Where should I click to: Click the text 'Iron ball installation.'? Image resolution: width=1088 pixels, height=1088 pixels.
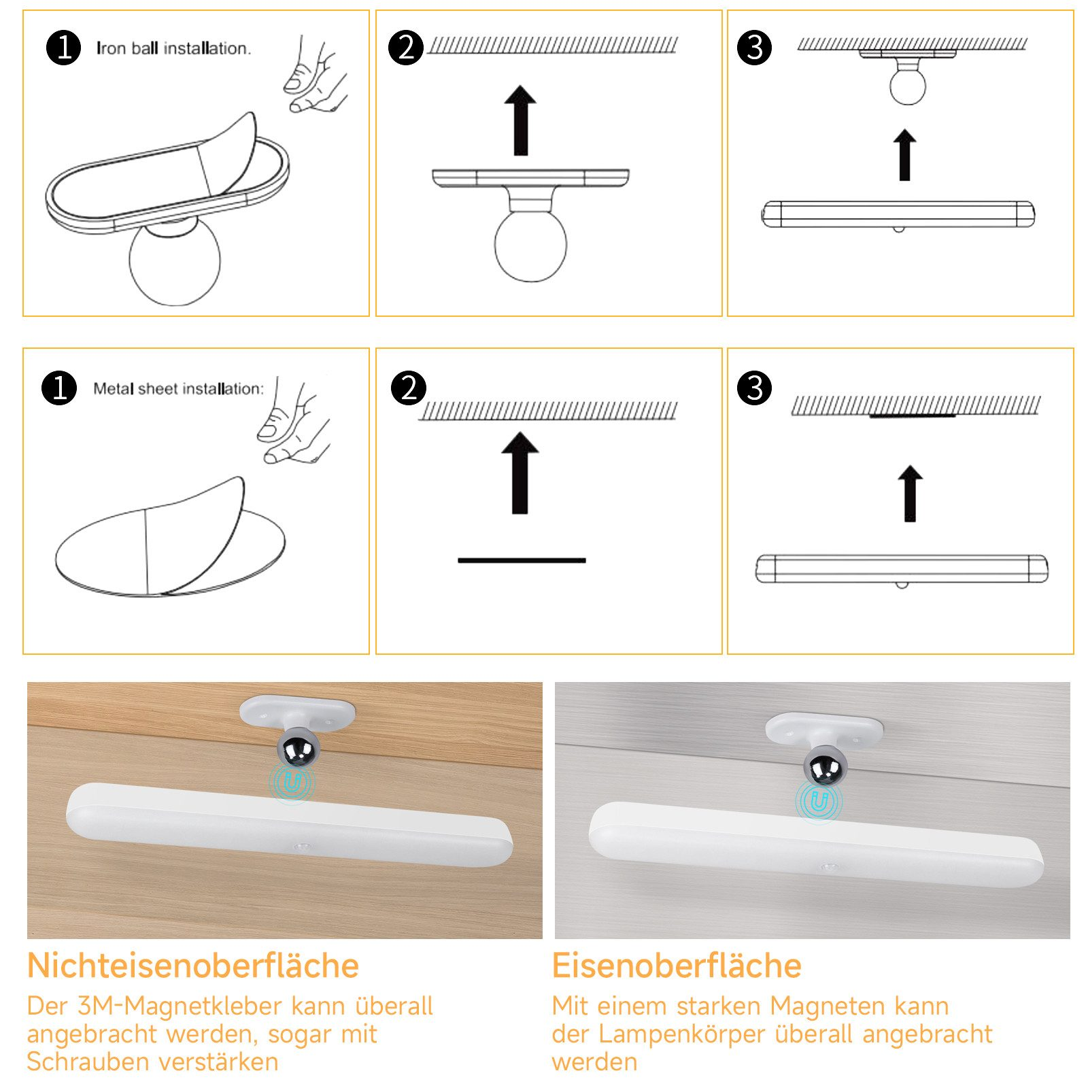pos(173,48)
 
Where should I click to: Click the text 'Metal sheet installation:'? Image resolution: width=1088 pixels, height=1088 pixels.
pos(178,389)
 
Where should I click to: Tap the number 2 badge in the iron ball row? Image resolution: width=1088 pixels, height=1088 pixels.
pos(406,48)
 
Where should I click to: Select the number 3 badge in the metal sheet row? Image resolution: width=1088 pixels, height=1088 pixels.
pos(754,388)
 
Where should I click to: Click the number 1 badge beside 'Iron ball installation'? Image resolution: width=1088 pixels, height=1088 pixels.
pos(63,48)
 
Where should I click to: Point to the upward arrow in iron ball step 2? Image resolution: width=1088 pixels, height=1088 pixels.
pos(520,120)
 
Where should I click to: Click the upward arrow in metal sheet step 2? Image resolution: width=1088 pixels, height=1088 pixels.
pos(520,473)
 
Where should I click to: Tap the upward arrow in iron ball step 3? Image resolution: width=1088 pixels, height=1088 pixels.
pos(904,155)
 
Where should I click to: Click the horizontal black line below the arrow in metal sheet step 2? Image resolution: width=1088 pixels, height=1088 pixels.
pos(522,560)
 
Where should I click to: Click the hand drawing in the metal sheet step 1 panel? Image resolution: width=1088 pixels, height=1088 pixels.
pos(294,422)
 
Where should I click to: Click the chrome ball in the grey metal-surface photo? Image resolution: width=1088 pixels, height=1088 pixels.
pos(825,766)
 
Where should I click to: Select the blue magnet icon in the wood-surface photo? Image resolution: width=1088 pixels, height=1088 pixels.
pos(292,783)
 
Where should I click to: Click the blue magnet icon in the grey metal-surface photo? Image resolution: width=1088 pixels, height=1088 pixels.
pos(819,802)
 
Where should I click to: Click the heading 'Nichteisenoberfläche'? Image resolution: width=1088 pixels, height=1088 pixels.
pos(193,966)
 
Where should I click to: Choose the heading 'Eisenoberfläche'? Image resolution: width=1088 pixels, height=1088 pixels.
pos(677,966)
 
